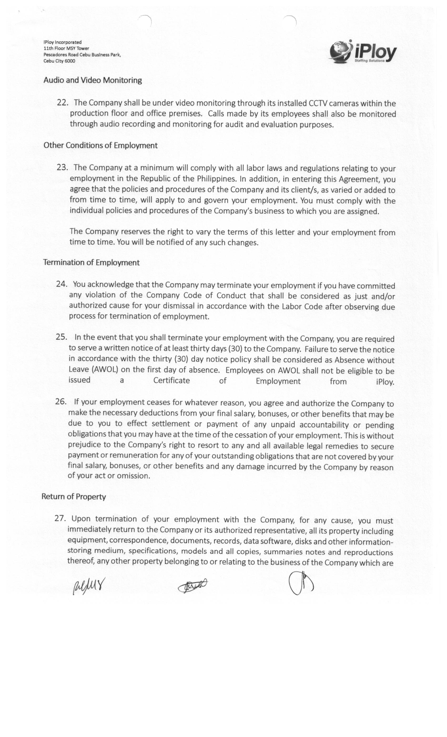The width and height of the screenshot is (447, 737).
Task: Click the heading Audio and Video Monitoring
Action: (93, 80)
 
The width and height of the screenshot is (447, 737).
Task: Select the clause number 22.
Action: (63, 103)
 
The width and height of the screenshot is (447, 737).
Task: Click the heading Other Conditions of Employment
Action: (100, 145)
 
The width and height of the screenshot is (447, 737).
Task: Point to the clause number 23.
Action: (62, 167)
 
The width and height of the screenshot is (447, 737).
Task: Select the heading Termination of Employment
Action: (92, 262)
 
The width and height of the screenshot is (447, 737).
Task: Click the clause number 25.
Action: (61, 337)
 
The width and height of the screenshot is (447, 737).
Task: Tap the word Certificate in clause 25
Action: (171, 380)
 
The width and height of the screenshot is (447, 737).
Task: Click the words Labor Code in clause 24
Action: (302, 307)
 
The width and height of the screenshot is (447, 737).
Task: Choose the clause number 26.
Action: (61, 401)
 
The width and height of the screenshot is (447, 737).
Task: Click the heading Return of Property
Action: (74, 496)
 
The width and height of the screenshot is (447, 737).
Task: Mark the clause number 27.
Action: (60, 518)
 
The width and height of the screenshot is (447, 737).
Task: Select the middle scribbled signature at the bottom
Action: (192, 586)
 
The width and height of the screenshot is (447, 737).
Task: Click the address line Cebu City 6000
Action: (59, 61)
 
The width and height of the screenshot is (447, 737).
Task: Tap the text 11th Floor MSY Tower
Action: (66, 48)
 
